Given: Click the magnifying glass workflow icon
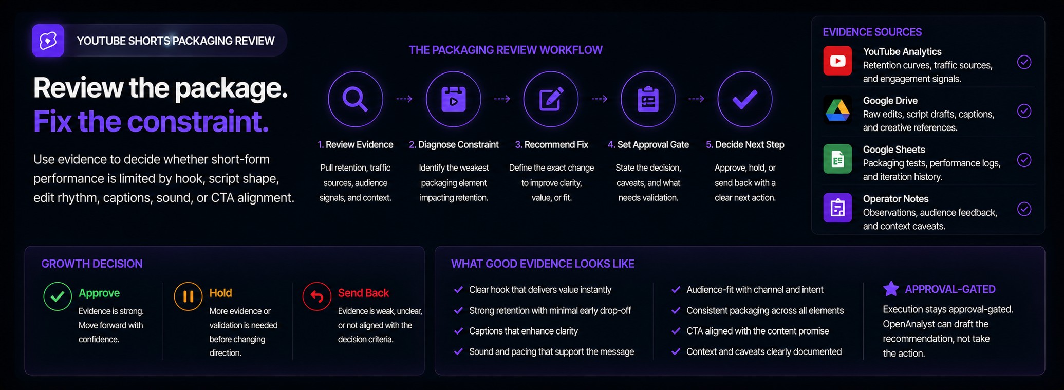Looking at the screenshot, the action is click(x=356, y=99).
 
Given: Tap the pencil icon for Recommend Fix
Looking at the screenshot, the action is click(x=551, y=99).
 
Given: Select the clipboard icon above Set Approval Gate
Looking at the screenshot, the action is click(x=648, y=99).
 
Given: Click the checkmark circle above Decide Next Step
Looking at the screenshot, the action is click(x=745, y=99).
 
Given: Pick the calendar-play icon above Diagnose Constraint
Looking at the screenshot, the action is click(x=453, y=99).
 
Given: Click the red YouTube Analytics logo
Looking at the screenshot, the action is click(x=837, y=61).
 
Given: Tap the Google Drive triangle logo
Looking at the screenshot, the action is click(x=837, y=110).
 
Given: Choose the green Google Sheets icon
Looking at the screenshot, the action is click(x=837, y=159).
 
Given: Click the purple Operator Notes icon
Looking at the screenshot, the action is click(x=837, y=208).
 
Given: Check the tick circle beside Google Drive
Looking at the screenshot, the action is click(x=1024, y=111).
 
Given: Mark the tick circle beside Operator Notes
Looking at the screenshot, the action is click(x=1024, y=209).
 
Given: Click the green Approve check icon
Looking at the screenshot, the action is click(x=58, y=296).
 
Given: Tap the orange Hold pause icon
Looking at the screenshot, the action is click(x=188, y=296).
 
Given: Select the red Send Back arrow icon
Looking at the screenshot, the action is click(x=317, y=296).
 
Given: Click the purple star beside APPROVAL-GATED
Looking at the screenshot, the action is click(x=891, y=289).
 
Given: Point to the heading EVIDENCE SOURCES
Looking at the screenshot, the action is click(x=872, y=32).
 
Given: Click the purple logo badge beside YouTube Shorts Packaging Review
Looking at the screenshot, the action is click(x=48, y=40).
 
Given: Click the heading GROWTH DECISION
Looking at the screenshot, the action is click(x=92, y=264).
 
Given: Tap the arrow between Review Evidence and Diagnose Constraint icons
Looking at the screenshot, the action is click(x=404, y=99).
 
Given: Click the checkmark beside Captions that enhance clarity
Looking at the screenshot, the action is click(x=458, y=331).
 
